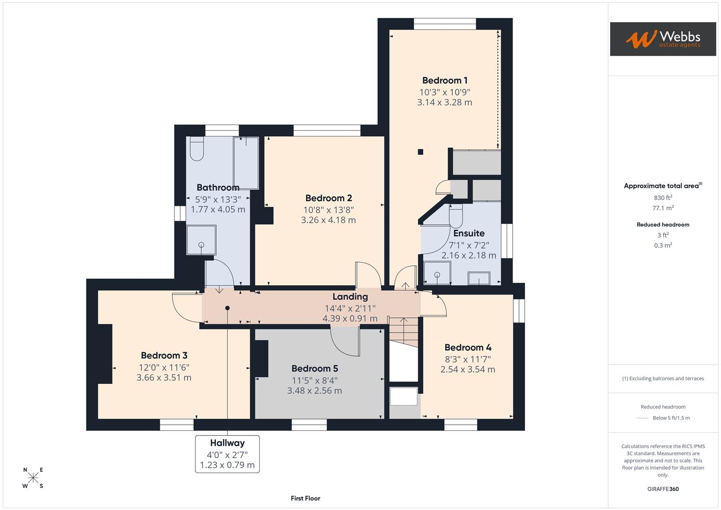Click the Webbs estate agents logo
662,39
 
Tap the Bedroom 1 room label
444,80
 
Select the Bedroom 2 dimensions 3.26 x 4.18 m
328,220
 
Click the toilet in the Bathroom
196,149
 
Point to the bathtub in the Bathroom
246,163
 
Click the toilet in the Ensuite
456,217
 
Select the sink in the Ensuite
479,278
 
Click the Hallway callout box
227,454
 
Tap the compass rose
33,477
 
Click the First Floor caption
305,498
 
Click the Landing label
350,297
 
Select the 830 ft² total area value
663,198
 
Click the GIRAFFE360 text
663,489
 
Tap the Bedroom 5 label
314,368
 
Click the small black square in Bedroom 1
420,152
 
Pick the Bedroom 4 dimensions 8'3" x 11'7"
467,359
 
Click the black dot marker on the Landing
227,308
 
